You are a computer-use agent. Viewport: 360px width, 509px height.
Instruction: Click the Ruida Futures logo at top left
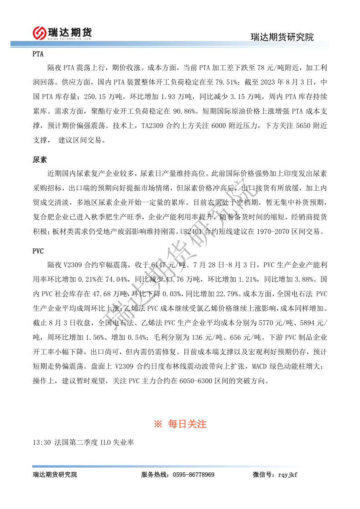pos(63,32)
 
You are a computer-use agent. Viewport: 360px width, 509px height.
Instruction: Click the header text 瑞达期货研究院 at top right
pos(282,37)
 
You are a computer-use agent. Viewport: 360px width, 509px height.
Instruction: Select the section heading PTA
pos(38,54)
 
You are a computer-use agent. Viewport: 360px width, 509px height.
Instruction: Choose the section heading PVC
pos(38,251)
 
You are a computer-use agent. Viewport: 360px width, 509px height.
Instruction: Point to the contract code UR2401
pos(190,231)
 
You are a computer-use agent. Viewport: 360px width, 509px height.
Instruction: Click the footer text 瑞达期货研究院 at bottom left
pos(55,475)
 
